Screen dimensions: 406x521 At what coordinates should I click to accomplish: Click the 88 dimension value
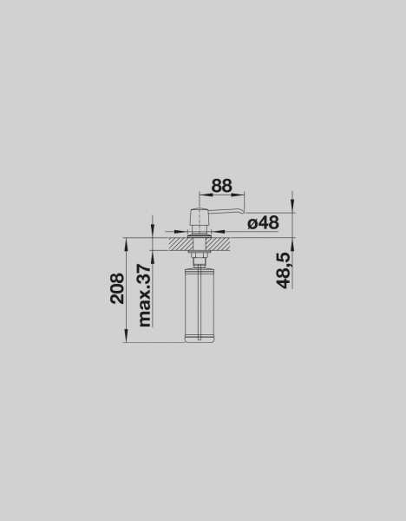click(222, 186)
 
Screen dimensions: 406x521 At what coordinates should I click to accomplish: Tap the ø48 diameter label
click(263, 222)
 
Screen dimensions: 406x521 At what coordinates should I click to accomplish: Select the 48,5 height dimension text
click(283, 270)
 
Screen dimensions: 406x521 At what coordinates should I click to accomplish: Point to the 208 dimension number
click(117, 288)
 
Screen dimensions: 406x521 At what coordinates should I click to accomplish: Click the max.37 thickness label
click(144, 295)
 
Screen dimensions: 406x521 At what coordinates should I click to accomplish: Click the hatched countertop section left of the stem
click(181, 244)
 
